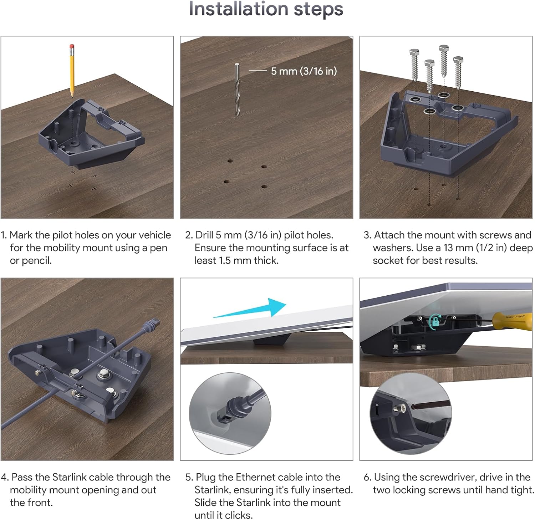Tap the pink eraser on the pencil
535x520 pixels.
pyautogui.click(x=72, y=46)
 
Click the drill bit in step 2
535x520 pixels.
pyautogui.click(x=237, y=89)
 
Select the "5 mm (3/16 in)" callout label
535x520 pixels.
pyautogui.click(x=304, y=71)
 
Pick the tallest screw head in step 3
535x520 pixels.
pyautogui.click(x=444, y=48)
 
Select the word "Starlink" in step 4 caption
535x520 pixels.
pyautogui.click(x=70, y=477)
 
